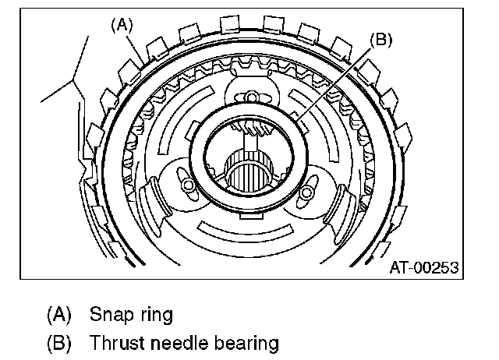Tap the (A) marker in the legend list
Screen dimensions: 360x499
(x=58, y=315)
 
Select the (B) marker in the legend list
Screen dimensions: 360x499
(x=58, y=342)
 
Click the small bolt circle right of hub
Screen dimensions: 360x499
(x=306, y=191)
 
